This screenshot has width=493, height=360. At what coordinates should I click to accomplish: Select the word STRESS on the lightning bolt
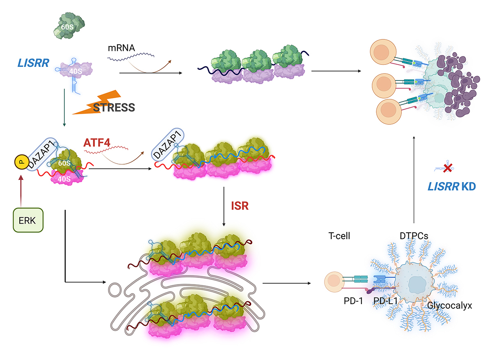(114, 108)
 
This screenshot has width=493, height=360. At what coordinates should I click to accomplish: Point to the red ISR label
(240, 205)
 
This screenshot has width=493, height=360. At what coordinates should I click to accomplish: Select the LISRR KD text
(451, 186)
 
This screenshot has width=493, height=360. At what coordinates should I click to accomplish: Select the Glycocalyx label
(449, 305)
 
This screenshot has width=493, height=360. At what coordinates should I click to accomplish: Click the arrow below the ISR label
(223, 207)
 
